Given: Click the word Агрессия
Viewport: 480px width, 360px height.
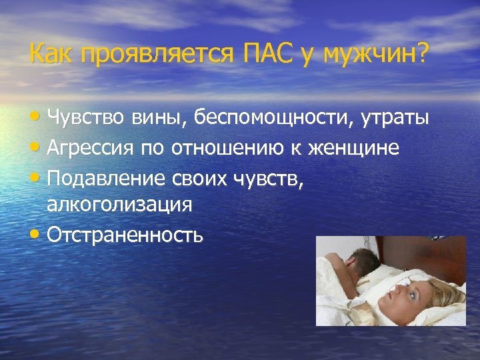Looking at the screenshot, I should tap(91, 149).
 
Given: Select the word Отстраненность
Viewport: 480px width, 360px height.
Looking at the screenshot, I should tap(125, 235).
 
